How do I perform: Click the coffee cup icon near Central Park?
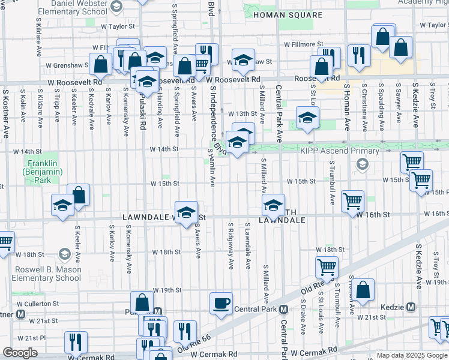click(221, 302)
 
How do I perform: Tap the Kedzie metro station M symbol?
click(411, 307)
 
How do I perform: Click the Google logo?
click(20, 353)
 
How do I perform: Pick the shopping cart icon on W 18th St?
click(327, 266)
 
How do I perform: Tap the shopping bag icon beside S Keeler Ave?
click(78, 194)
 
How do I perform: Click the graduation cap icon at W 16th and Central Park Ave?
click(273, 205)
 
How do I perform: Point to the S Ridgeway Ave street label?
click(231, 246)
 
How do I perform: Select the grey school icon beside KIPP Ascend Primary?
click(362, 163)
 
